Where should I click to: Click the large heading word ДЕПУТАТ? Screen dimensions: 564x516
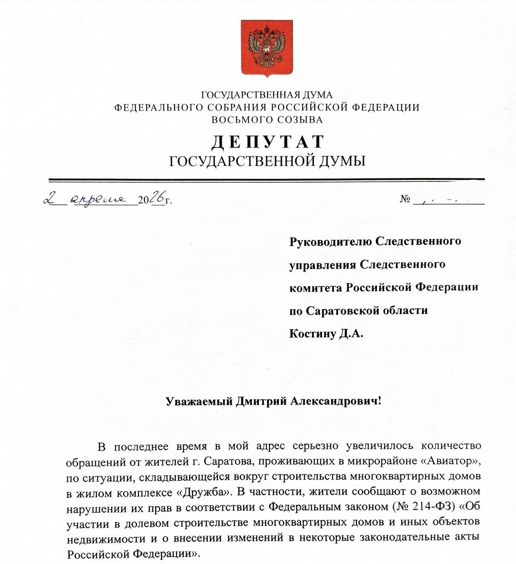[x=268, y=142]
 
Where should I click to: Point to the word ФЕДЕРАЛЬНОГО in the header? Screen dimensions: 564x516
[x=156, y=107]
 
